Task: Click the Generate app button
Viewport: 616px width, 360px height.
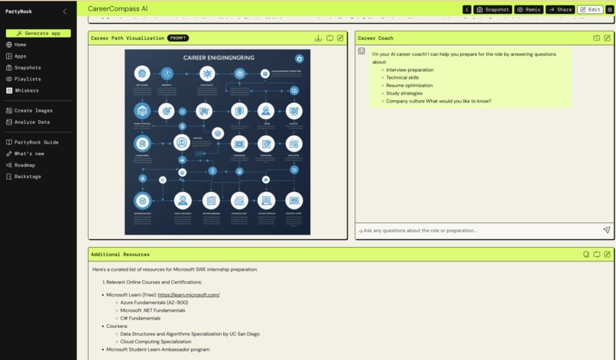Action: (x=38, y=34)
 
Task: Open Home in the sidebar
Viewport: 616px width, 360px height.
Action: (x=20, y=45)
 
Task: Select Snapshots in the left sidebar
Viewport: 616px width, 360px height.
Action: (x=27, y=67)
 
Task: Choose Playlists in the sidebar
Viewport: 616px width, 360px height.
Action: (x=27, y=79)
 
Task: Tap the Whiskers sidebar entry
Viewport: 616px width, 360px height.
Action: (x=26, y=90)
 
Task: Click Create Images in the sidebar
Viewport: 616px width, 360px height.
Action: (x=33, y=111)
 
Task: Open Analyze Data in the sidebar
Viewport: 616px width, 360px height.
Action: (x=31, y=122)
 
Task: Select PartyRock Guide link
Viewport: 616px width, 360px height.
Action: (x=36, y=142)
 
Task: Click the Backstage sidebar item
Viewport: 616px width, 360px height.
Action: (x=28, y=177)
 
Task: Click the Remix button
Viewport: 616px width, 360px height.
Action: (x=528, y=10)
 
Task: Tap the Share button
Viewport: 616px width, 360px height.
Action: (x=560, y=10)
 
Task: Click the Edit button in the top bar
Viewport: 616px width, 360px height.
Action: (x=590, y=10)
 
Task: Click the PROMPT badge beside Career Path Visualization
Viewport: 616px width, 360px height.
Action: (x=178, y=38)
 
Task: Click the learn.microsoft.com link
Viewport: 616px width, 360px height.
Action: (x=189, y=295)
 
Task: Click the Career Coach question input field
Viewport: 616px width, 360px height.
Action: (x=478, y=230)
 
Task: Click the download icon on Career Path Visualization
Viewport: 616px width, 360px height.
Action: (x=318, y=38)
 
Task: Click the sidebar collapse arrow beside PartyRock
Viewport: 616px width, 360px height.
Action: (x=65, y=11)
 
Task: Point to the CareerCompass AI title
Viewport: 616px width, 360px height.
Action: (x=118, y=9)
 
